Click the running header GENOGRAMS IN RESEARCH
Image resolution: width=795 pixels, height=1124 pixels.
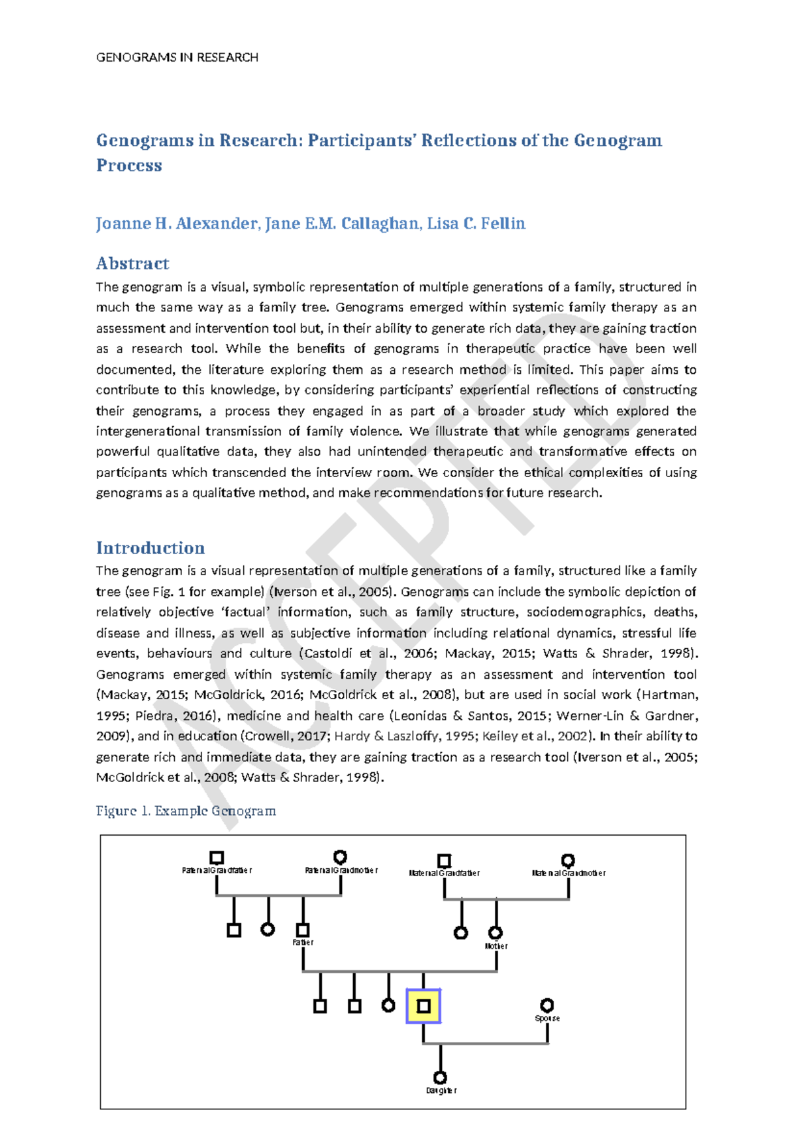(x=177, y=58)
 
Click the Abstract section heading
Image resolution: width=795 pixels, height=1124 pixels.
(x=132, y=264)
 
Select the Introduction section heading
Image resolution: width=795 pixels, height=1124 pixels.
(x=150, y=548)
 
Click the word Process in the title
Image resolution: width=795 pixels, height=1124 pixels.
(x=129, y=166)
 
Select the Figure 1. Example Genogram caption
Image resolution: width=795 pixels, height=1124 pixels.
(x=185, y=811)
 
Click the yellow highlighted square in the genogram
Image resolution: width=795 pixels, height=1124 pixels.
(x=423, y=1007)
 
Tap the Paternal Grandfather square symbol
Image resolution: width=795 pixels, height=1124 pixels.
(x=216, y=858)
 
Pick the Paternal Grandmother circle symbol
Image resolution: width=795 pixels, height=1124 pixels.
(x=340, y=857)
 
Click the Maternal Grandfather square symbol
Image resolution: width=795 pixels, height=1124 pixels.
(x=444, y=860)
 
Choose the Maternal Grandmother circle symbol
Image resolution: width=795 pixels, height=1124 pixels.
(x=568, y=860)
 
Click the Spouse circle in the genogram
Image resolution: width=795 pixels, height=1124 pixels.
(x=547, y=1005)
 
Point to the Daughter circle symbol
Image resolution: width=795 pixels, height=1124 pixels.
(x=440, y=1078)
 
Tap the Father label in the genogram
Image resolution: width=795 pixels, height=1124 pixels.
(x=303, y=942)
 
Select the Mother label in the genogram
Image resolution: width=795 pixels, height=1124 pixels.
(x=496, y=946)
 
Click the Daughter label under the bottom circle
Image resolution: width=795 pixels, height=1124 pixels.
(x=441, y=1091)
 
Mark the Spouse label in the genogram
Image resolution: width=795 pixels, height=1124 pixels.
(x=547, y=1019)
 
